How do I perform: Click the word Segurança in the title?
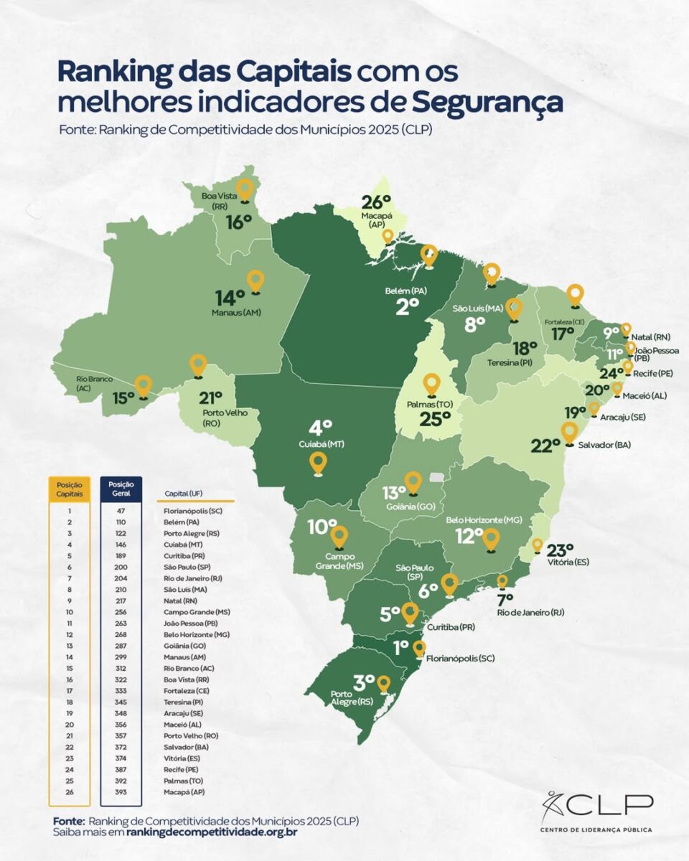click(487, 102)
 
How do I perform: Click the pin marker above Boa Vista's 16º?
click(245, 189)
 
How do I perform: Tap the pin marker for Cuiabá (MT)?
click(318, 464)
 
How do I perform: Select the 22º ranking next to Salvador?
click(545, 446)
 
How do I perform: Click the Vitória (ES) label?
click(567, 562)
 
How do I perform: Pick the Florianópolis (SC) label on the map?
click(460, 658)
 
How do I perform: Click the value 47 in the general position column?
click(121, 512)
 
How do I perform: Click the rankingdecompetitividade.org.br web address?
click(211, 832)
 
